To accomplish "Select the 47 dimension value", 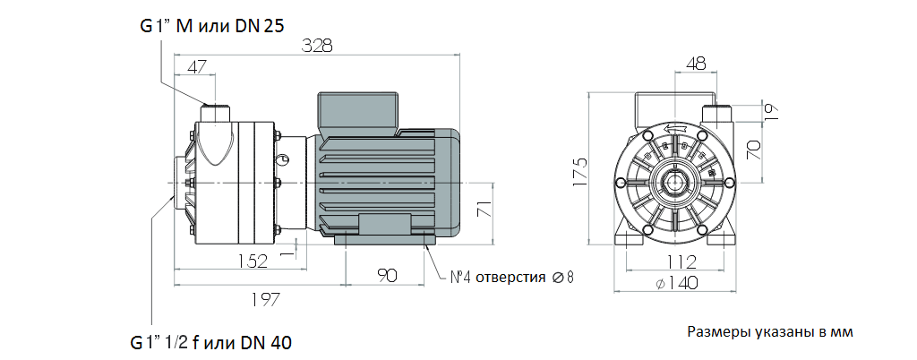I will coord(195,65).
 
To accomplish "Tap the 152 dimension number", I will coord(253,261).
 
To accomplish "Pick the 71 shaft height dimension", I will coord(484,211).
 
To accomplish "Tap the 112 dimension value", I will coord(681,262).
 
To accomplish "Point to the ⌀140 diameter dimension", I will coord(678,283).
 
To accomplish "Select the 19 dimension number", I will coord(770,111).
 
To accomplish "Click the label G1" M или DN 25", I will coord(212,27).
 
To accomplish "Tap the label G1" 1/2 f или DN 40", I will coord(210,342).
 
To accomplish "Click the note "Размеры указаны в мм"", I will coord(770,331).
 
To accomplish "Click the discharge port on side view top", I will coord(215,112).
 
